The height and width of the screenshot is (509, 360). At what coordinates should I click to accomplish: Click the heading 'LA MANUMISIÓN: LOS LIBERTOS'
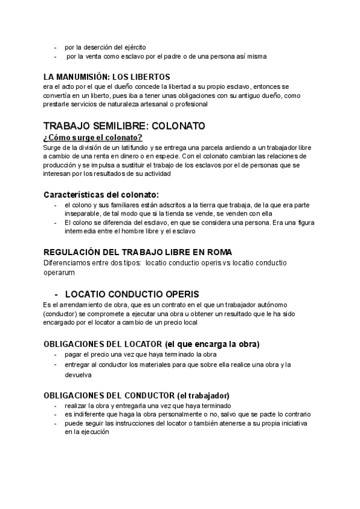tap(107, 77)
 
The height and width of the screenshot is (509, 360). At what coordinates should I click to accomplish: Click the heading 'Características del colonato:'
tap(101, 194)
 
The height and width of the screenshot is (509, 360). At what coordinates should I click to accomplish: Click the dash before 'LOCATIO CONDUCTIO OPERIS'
tap(56, 295)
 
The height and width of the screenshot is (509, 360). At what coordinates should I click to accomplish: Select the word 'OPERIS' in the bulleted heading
tap(178, 295)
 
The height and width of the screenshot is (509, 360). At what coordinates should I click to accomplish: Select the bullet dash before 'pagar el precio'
tap(56, 354)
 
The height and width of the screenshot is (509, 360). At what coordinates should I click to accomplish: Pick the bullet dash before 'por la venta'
tap(56, 56)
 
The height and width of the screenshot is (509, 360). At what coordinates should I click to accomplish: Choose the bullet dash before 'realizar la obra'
tap(56, 406)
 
